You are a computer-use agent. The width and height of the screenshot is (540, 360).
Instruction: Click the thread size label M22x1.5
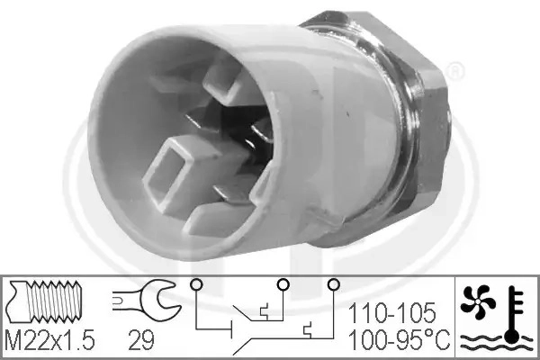tap(49, 340)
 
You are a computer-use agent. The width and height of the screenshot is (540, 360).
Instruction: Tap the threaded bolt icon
tap(45, 301)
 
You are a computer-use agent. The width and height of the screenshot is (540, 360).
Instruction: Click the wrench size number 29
tap(141, 340)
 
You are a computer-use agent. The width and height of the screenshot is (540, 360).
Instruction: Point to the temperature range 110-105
tap(391, 313)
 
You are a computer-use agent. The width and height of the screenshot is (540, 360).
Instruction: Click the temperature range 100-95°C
tap(400, 339)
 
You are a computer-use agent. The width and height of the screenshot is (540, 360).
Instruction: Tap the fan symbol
tap(478, 301)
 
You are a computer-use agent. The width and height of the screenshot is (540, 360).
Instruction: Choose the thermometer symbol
tap(514, 314)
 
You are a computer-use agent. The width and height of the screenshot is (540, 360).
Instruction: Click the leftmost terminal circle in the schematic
tap(196, 284)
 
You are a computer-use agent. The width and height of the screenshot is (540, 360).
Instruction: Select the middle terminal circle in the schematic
tap(283, 284)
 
